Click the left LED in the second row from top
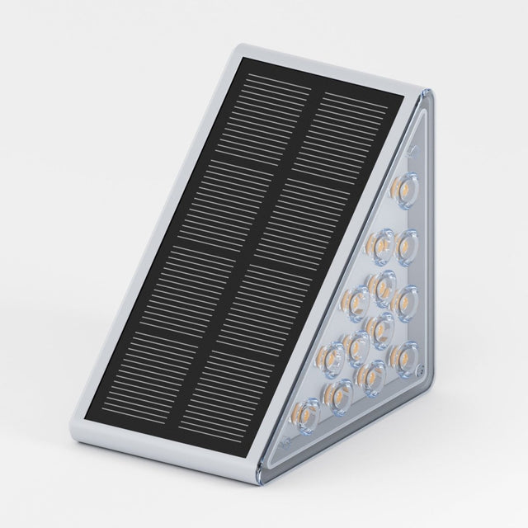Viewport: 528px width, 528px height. click(379, 244)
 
